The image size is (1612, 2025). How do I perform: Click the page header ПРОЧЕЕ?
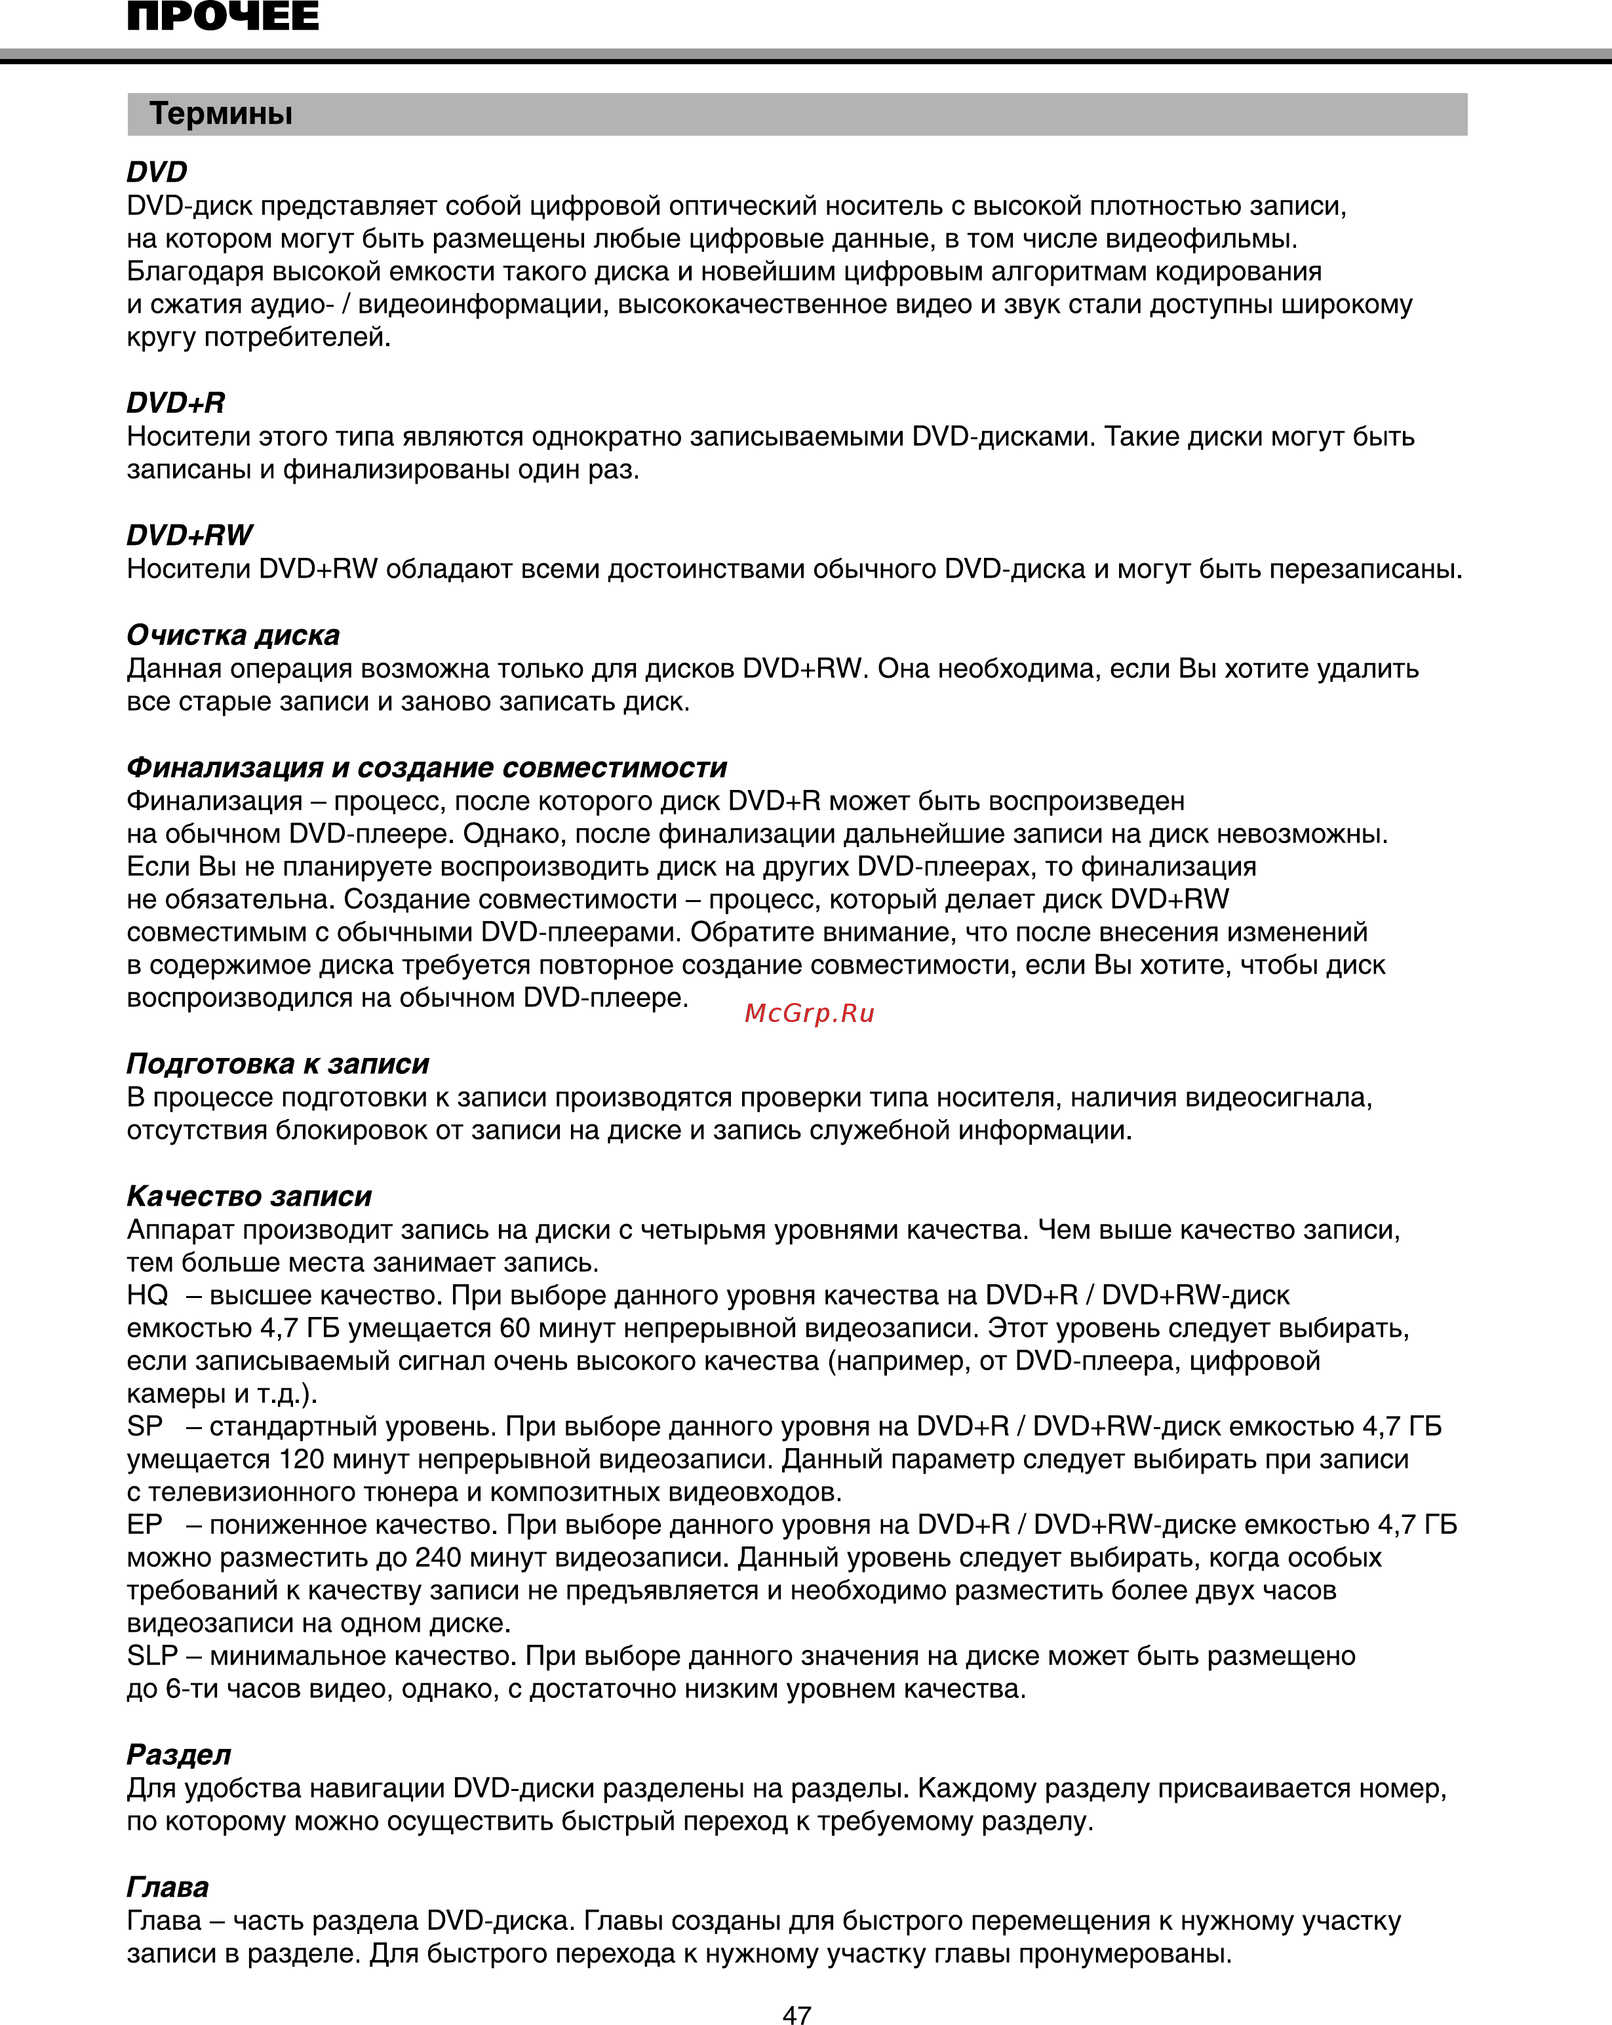223,17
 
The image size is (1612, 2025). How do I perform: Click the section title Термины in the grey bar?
221,113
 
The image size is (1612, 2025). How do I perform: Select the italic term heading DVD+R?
176,403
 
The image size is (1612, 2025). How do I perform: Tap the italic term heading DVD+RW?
189,536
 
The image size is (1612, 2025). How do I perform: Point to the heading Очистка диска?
233,636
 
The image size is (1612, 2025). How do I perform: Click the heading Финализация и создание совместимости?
427,768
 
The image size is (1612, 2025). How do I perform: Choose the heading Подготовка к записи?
278,1063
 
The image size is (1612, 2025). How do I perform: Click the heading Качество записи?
249,1196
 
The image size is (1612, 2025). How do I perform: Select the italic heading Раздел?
178,1754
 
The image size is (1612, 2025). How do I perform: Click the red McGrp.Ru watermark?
809,1013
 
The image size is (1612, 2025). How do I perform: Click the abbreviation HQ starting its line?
147,1295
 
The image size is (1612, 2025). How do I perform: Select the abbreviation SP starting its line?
145,1426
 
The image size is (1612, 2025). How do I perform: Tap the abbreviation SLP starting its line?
151,1656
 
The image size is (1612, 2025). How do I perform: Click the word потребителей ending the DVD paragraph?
297,337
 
